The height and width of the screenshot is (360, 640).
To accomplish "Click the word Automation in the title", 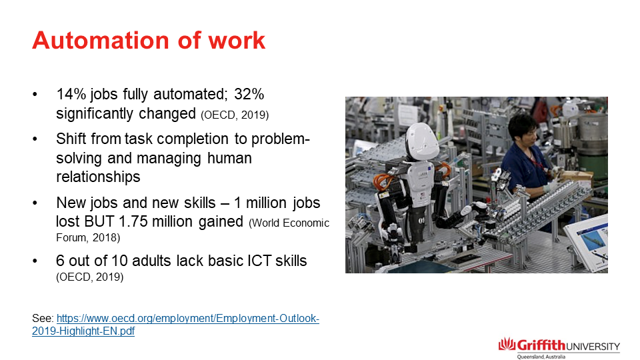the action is click(x=101, y=41).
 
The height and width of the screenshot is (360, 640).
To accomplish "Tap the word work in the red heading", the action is click(x=237, y=41).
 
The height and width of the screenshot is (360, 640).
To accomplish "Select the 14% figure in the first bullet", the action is click(x=71, y=94).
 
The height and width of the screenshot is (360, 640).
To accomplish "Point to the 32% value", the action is click(x=249, y=94).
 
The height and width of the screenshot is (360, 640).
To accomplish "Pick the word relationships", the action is click(x=98, y=177).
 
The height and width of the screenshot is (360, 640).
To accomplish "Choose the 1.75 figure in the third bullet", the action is click(x=133, y=221).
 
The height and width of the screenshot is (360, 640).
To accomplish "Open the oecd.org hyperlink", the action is click(x=175, y=325).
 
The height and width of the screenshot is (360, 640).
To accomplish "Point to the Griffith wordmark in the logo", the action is click(x=541, y=345).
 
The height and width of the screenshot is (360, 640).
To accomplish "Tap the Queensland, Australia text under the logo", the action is click(x=541, y=357).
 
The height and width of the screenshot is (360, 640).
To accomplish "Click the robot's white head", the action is click(x=421, y=142).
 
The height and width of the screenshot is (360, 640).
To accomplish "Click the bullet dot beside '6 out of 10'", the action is click(x=35, y=261).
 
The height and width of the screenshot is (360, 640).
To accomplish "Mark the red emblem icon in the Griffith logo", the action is click(x=507, y=344).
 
